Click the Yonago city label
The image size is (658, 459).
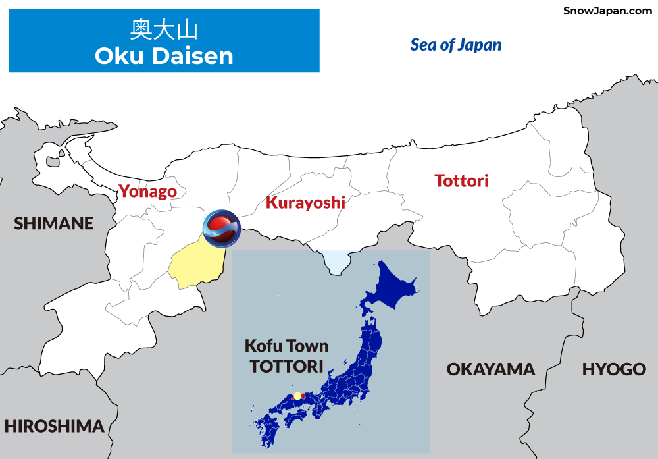pos(147,192)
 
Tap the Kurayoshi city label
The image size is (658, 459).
pos(305,202)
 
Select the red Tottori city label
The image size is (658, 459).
pos(461,180)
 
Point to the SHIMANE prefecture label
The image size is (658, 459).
pos(54,223)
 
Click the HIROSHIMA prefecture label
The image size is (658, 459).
pos(54,426)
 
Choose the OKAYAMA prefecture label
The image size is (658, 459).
pos(491,369)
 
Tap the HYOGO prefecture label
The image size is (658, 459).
pos(614,369)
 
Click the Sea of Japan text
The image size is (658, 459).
pos(456,45)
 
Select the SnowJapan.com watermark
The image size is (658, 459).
pos(607,11)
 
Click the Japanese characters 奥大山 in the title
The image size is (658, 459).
pos(164,30)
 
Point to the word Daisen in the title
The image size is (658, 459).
pos(193,56)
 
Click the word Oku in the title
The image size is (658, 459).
pos(119,56)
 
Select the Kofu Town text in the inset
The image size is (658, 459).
pos(286,346)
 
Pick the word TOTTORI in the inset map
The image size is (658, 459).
pos(287,366)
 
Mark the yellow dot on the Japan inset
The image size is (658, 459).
pos(297,396)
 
